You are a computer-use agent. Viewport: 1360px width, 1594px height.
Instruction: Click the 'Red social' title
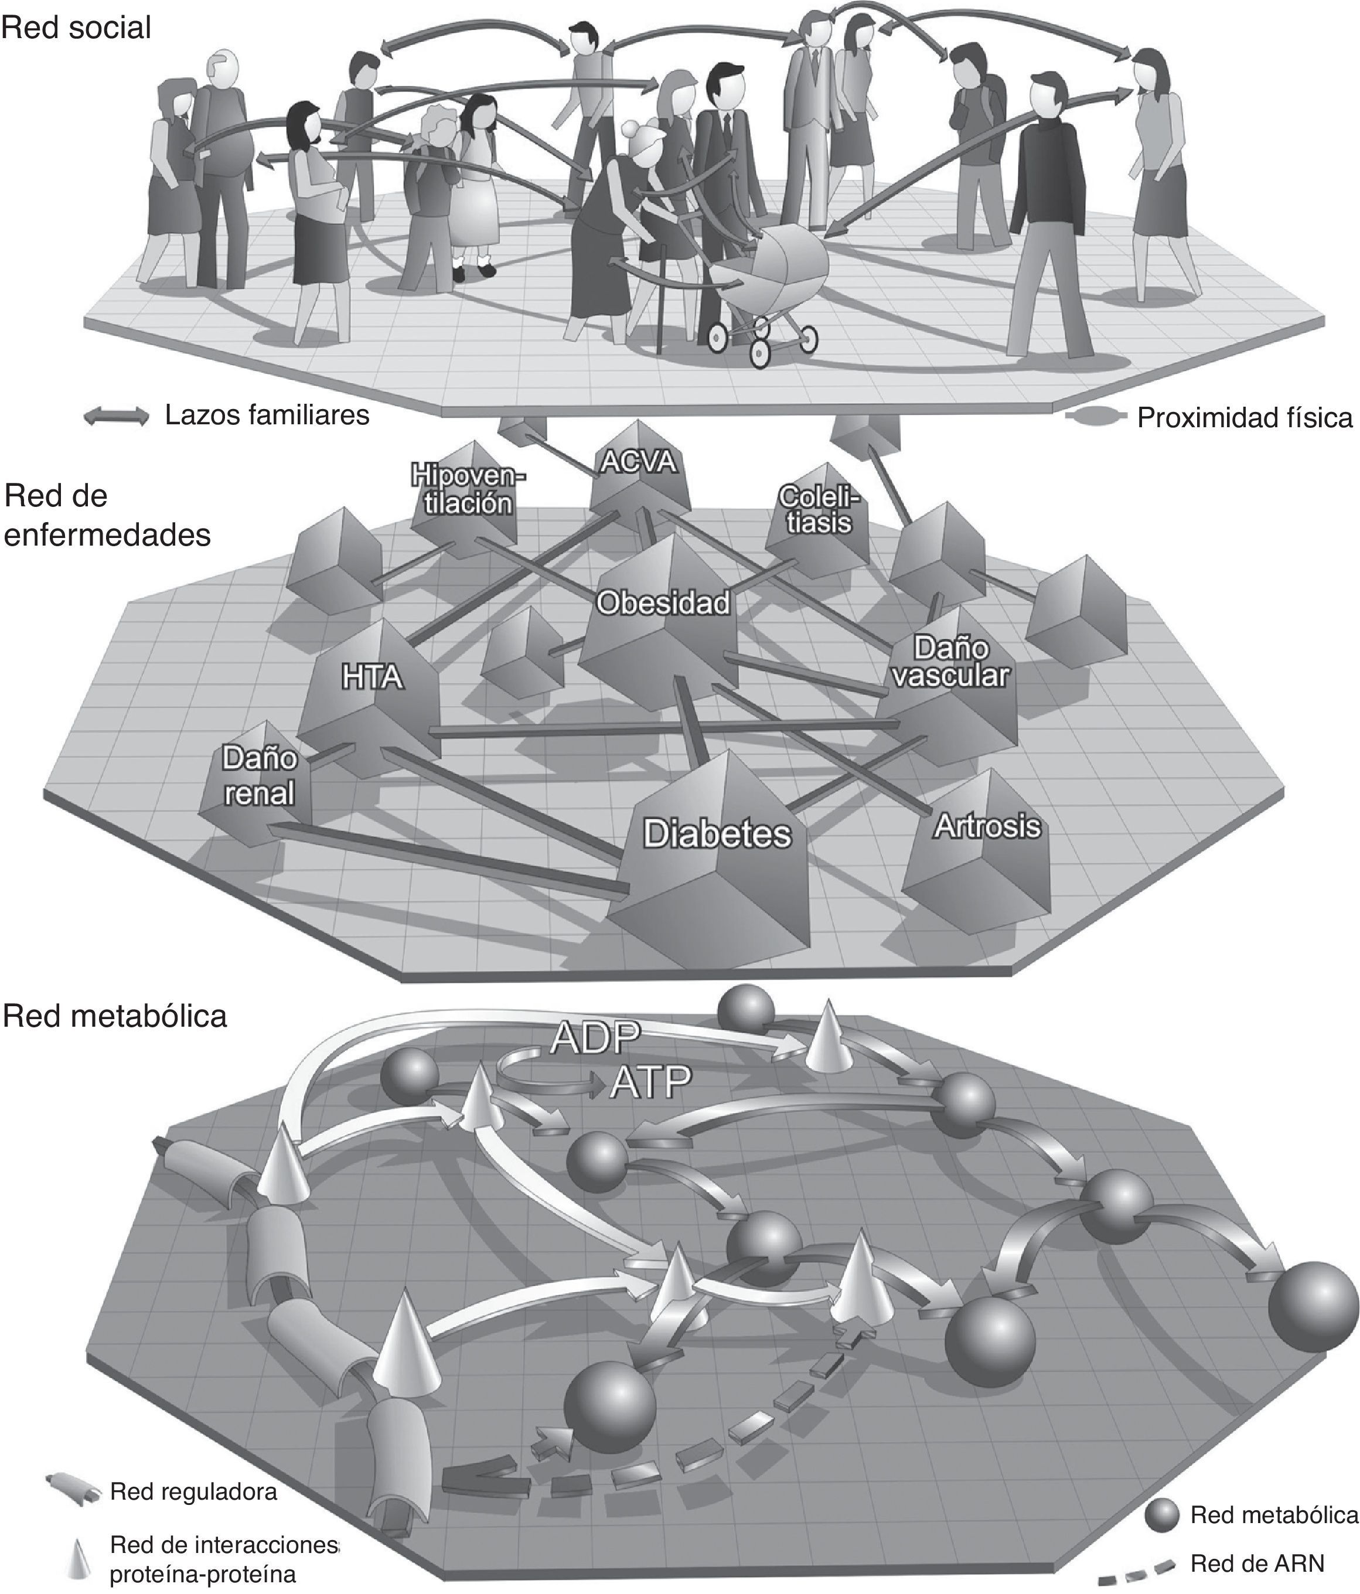click(76, 28)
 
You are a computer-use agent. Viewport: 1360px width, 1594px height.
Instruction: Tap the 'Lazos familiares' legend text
click(267, 415)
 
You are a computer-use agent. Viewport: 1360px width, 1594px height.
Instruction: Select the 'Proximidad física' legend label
click(1244, 418)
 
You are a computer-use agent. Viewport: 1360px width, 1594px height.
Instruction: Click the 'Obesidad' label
click(663, 603)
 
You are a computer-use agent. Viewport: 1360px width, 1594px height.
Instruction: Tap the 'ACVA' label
click(639, 462)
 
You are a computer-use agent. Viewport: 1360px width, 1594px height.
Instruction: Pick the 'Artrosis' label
click(987, 826)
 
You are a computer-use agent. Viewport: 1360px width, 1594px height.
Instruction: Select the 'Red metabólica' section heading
click(115, 1016)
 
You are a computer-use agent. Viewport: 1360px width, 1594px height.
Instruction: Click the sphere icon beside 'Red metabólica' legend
click(1161, 1515)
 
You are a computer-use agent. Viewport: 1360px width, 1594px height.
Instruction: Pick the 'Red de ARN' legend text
click(1257, 1563)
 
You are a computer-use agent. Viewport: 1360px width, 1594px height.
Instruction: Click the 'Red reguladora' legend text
click(193, 1491)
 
